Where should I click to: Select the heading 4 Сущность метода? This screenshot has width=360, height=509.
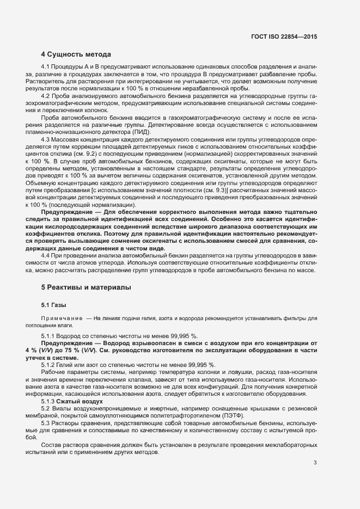pyautogui.click(x=76, y=54)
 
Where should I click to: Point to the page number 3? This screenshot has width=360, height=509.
pyautogui.click(x=315, y=463)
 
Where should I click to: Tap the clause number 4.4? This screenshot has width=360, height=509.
pyautogui.click(x=46, y=255)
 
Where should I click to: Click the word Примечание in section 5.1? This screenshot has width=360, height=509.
pyautogui.click(x=58, y=317)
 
